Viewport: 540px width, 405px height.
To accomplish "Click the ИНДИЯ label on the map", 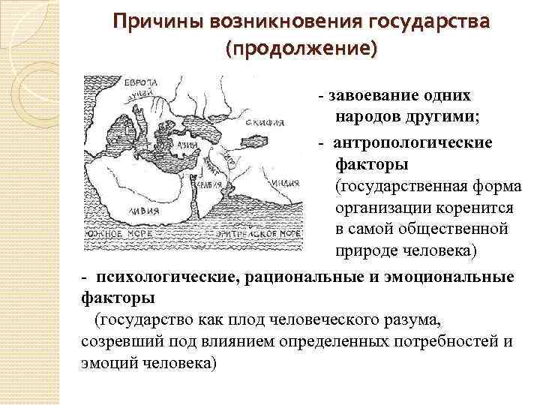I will point(287,181).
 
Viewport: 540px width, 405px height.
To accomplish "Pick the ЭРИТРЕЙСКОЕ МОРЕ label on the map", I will point(259,235).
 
